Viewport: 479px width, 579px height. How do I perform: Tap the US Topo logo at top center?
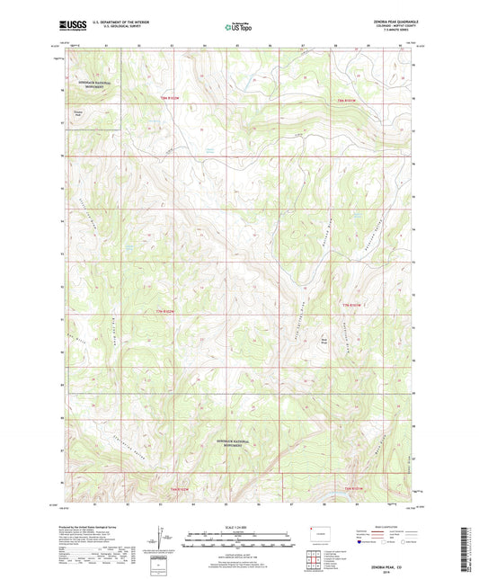click(236, 28)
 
